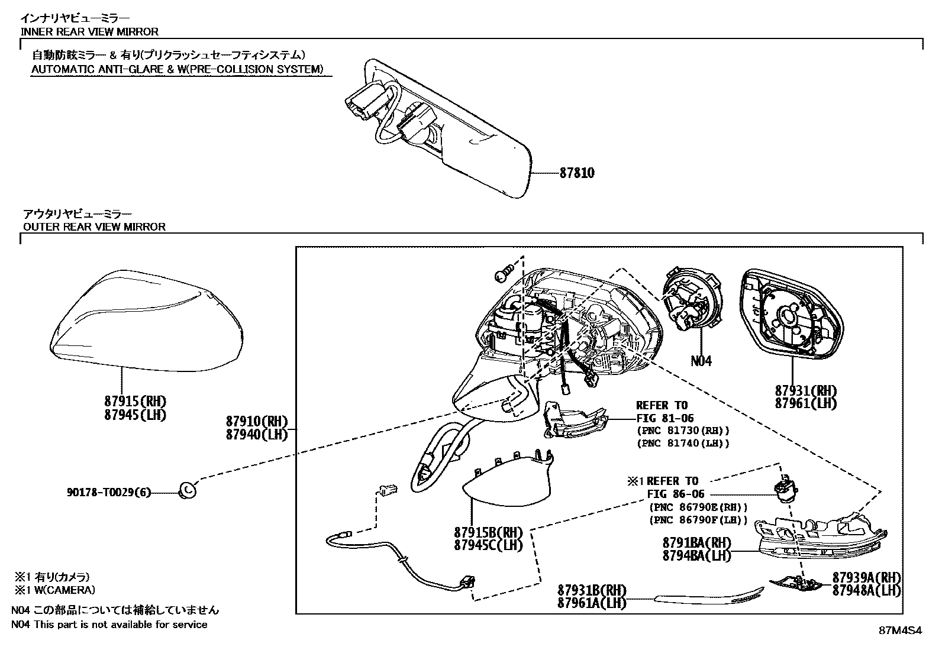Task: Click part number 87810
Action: (x=577, y=173)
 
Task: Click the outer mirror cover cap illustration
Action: (x=148, y=319)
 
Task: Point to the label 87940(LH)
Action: (x=256, y=434)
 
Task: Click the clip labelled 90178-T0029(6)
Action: (x=187, y=490)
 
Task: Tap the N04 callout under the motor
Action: (x=701, y=360)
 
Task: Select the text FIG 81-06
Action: (x=664, y=418)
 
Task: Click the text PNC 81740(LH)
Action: (x=683, y=443)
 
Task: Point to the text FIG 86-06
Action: (x=676, y=494)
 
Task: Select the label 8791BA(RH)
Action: (x=696, y=543)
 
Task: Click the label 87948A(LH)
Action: (x=866, y=590)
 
